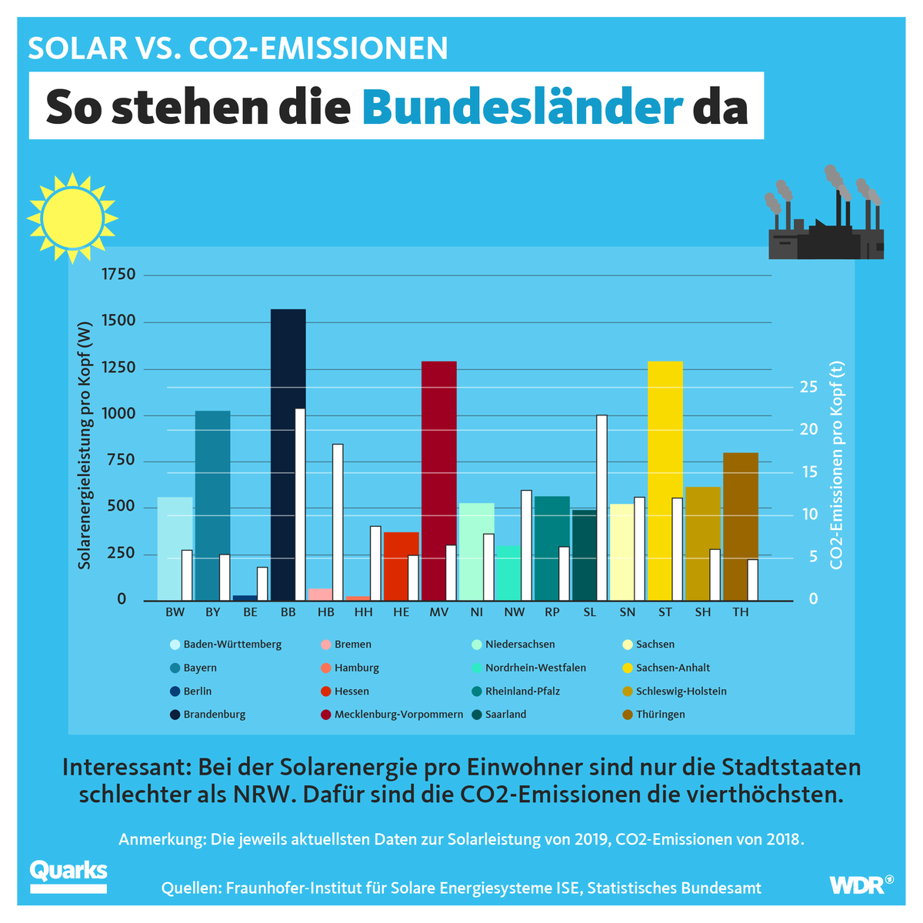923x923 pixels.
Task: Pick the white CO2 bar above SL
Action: click(601, 508)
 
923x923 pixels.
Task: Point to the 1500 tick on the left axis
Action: click(118, 321)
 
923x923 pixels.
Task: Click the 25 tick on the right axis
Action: click(808, 387)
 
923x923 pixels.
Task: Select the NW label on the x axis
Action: click(514, 612)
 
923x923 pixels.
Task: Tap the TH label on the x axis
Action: click(740, 612)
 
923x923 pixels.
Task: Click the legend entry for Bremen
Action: click(352, 645)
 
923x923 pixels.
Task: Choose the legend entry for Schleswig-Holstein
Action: click(681, 691)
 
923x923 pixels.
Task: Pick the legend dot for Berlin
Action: click(175, 691)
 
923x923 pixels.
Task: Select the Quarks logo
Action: click(68, 875)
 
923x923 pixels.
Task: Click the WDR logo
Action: click(861, 885)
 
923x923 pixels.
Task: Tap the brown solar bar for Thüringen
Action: click(740, 526)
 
